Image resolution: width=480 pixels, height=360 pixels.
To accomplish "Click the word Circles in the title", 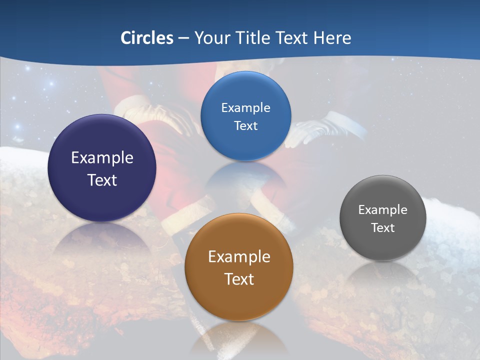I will click(147, 38).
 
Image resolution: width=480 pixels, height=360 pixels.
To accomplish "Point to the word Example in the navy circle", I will click(102, 158).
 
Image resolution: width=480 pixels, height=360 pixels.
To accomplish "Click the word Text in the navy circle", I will click(102, 180).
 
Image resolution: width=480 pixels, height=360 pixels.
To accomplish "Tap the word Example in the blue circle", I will click(245, 108).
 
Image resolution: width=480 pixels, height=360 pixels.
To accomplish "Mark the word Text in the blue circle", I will click(245, 126).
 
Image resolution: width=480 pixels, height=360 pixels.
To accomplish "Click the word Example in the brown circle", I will click(239, 257).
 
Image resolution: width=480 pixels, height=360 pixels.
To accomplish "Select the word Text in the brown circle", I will click(239, 279).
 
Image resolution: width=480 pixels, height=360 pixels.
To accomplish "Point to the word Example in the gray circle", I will click(383, 210).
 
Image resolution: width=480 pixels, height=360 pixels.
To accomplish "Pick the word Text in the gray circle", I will click(383, 228).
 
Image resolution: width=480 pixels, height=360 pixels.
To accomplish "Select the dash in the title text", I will click(183, 38).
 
